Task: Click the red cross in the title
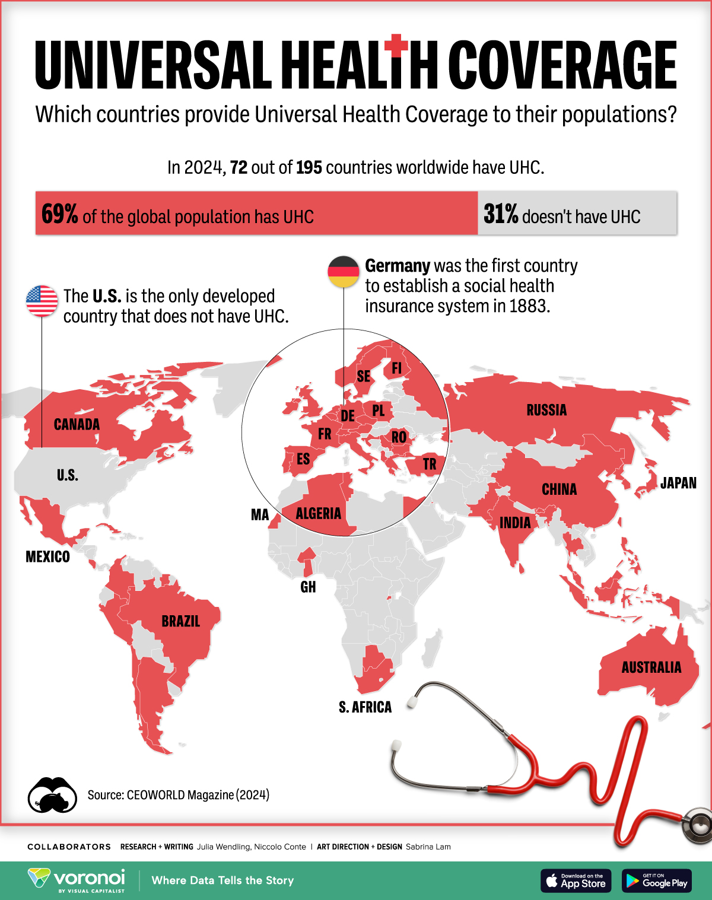396,45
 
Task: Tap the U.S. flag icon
42,300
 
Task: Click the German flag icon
344,272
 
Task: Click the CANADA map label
77,424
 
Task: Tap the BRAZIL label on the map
180,621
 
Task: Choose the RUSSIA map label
546,410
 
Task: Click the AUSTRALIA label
651,667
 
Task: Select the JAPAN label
678,483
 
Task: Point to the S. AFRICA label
365,707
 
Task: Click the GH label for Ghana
308,587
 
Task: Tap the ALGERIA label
319,513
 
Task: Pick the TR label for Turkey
430,464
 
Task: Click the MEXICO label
47,556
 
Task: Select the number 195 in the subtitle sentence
309,168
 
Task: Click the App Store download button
575,880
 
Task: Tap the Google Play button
656,880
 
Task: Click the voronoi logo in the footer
77,879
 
